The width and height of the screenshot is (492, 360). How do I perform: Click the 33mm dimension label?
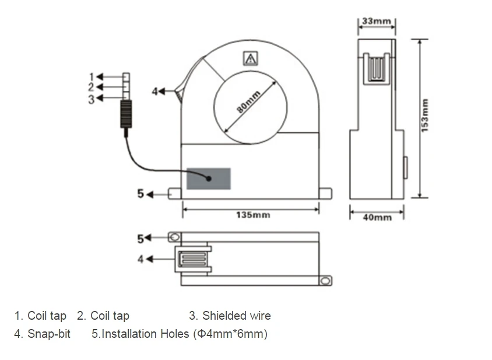click(x=377, y=21)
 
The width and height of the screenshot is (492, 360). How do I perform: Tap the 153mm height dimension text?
click(x=424, y=116)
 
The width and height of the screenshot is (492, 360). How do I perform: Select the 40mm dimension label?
click(x=377, y=218)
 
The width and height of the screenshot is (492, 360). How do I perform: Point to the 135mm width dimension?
click(x=253, y=215)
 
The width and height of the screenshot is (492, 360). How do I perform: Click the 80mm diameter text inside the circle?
click(x=248, y=102)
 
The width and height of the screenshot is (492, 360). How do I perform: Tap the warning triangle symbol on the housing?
click(x=251, y=58)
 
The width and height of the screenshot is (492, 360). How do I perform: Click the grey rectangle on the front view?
click(x=209, y=179)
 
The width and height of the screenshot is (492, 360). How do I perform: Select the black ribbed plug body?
click(x=126, y=114)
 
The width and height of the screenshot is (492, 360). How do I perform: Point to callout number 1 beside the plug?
click(x=92, y=77)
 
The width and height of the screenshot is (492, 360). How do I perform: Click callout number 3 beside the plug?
click(x=92, y=99)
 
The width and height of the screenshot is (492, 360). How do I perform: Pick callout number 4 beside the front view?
click(x=154, y=92)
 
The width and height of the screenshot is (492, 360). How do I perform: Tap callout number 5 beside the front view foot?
click(x=140, y=194)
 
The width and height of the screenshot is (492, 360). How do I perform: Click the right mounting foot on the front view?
click(x=325, y=193)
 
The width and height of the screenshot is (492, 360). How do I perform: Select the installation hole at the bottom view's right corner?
click(x=326, y=281)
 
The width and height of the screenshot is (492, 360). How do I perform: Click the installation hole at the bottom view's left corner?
click(x=174, y=237)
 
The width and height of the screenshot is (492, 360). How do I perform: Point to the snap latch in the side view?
click(x=377, y=69)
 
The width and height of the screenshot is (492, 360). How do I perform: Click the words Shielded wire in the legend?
click(x=237, y=316)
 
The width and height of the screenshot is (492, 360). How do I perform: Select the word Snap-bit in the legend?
click(x=49, y=334)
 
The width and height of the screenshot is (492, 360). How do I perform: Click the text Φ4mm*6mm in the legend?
click(x=231, y=334)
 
